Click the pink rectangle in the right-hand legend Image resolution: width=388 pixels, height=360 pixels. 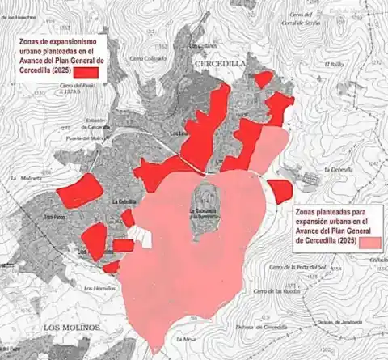[371, 241]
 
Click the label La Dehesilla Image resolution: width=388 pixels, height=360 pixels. [337, 169]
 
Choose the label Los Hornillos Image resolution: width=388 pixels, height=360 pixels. [100, 287]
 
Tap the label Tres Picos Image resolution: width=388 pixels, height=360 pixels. [54, 216]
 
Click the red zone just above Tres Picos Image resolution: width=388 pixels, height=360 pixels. [81, 190]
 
